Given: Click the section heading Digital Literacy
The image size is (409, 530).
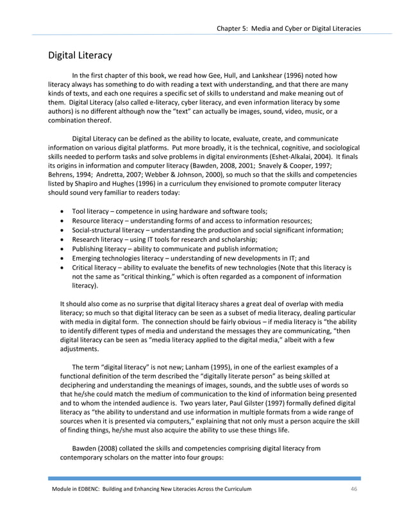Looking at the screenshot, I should coord(81,55).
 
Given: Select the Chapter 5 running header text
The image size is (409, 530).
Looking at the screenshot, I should coord(288,28).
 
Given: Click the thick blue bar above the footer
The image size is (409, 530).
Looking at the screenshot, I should coord(204,478).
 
